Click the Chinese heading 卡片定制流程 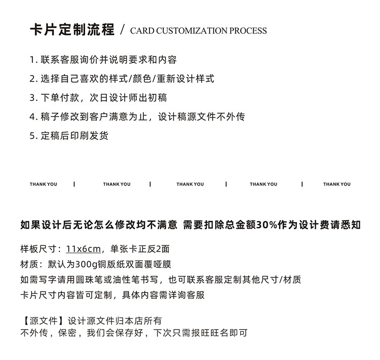click(72, 29)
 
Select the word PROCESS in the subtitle click(248, 31)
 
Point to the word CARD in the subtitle click(142, 31)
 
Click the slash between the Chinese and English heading click(122, 30)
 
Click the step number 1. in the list click(33, 60)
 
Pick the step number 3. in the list click(33, 98)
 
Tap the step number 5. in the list click(33, 136)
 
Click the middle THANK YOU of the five click(190, 184)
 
